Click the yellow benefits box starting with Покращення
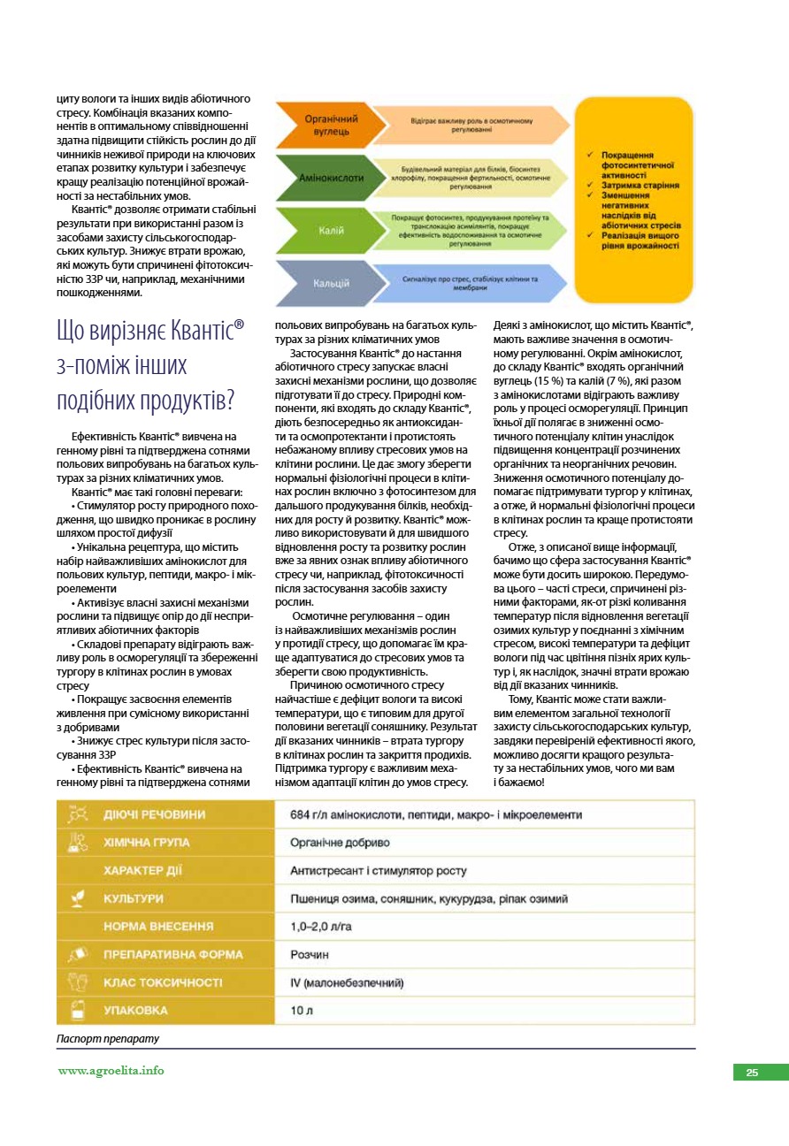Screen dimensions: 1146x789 (x=634, y=201)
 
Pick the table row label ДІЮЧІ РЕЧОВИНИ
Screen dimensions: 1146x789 (x=155, y=814)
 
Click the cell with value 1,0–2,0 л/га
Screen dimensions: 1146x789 (x=321, y=927)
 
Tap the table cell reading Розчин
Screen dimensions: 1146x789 (x=310, y=955)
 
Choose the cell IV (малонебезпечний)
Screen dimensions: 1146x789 (x=347, y=982)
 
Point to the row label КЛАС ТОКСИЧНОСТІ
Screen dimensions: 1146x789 (x=163, y=982)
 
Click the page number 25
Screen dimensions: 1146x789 (x=752, y=1073)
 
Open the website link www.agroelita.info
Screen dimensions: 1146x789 (x=111, y=1071)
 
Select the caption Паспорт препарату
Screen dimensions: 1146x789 (x=107, y=1039)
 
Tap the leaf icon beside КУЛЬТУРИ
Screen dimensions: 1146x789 (x=77, y=898)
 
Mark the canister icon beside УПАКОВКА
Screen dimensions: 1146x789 (x=77, y=1011)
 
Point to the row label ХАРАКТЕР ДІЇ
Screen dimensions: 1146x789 (x=142, y=871)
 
